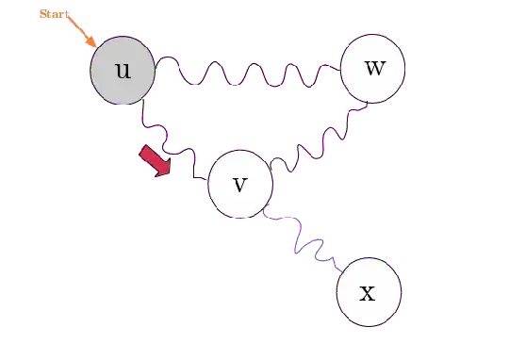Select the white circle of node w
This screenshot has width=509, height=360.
[x=372, y=69]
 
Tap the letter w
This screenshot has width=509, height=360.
[x=373, y=68]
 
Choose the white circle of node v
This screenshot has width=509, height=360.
[x=239, y=184]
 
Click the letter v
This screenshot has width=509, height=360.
[x=239, y=183]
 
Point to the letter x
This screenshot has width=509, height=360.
[x=369, y=293]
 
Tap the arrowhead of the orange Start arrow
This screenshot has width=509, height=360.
[x=92, y=43]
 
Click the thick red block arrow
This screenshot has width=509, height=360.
[x=156, y=159]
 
